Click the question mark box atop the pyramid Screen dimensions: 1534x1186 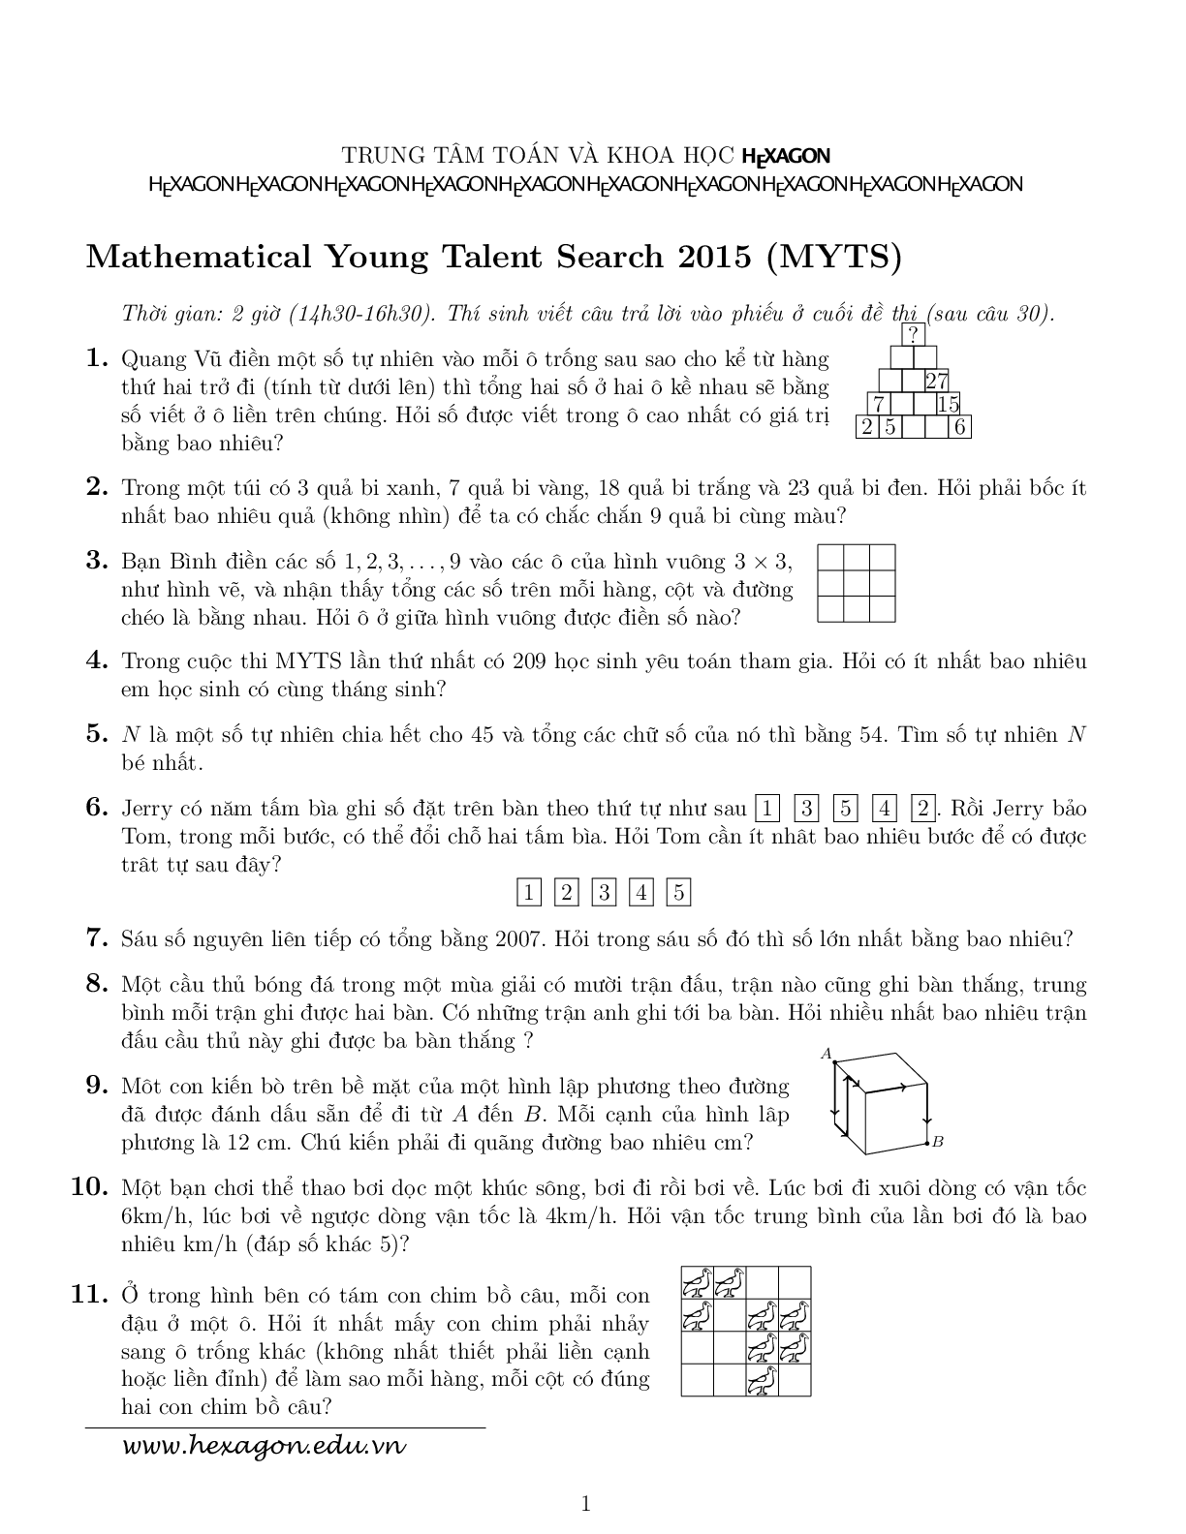click(x=913, y=335)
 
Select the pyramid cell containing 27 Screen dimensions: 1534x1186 click(x=936, y=381)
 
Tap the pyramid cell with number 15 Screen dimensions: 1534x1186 click(x=948, y=404)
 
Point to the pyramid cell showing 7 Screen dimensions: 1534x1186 click(x=878, y=404)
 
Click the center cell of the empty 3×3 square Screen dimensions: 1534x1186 click(x=857, y=583)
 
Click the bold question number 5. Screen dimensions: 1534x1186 click(x=96, y=734)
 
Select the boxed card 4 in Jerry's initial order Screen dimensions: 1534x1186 click(x=885, y=809)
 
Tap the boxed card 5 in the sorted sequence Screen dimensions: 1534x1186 click(x=679, y=892)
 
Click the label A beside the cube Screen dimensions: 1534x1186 click(x=827, y=1054)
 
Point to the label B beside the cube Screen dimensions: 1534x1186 click(x=937, y=1143)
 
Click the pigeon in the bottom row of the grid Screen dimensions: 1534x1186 click(x=763, y=1380)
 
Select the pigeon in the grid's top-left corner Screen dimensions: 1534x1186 click(x=697, y=1283)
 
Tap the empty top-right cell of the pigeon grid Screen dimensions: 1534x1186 click(x=796, y=1283)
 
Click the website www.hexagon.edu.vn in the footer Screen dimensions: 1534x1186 click(x=264, y=1447)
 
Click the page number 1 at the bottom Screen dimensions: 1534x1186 click(x=585, y=1504)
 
